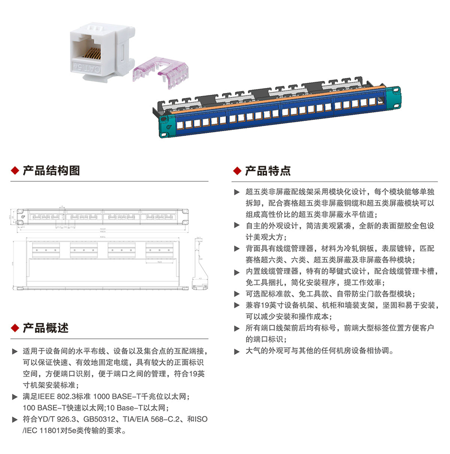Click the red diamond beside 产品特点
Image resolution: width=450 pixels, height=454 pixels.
[237, 171]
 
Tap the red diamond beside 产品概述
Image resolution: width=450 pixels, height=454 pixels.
[15, 329]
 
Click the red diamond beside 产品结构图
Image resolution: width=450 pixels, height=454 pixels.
[15, 171]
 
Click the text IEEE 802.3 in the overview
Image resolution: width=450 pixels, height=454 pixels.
[52, 396]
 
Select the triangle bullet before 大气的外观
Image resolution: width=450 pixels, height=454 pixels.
[237, 351]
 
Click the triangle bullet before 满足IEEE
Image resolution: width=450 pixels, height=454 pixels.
[14, 396]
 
